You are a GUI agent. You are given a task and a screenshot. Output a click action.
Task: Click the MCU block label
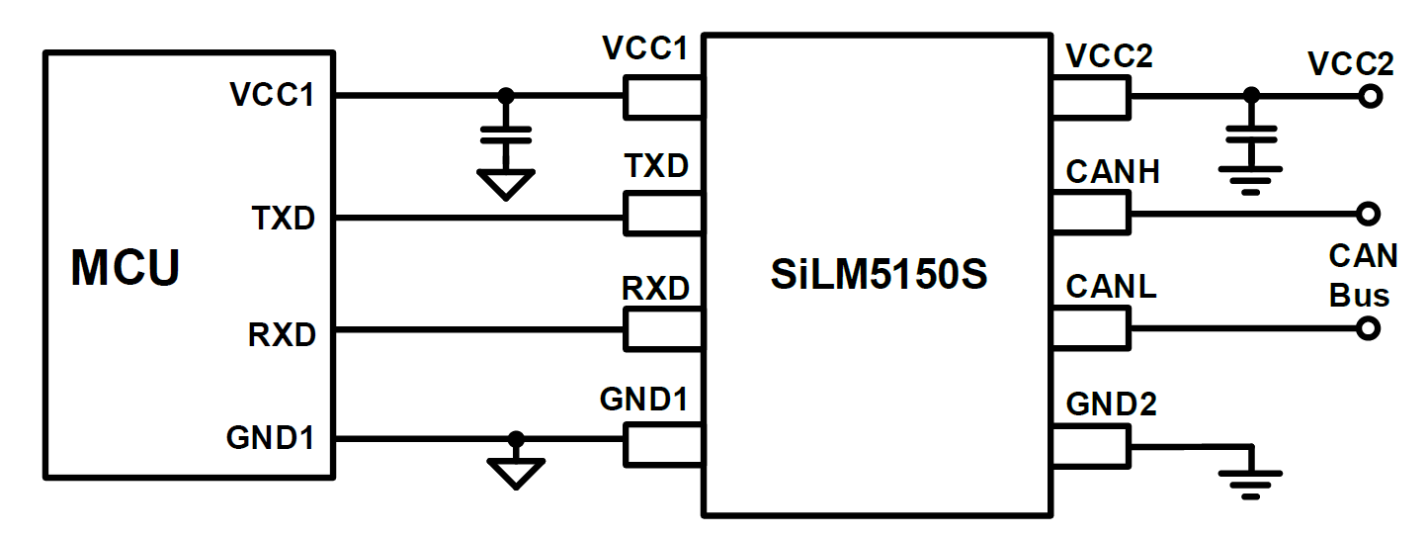126,268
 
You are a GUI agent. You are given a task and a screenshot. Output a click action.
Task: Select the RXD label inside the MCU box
282,334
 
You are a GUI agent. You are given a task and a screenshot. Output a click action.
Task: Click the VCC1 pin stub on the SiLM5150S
663,97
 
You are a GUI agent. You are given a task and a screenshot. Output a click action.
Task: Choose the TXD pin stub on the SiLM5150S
663,212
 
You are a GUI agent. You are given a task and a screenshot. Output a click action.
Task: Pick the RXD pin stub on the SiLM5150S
663,328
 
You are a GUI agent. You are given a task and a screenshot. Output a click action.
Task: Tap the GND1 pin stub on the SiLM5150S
663,444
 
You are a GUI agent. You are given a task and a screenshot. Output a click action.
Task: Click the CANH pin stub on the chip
1089,212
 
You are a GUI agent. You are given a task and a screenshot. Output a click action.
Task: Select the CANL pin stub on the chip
1089,327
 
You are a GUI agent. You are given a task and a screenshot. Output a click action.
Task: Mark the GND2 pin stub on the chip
1089,444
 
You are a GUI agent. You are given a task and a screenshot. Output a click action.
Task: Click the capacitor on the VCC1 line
505,135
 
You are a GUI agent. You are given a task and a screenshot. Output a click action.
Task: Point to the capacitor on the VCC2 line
1251,135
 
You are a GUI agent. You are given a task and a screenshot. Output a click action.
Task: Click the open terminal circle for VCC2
1370,97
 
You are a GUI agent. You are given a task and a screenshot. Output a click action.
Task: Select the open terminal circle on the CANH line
1370,213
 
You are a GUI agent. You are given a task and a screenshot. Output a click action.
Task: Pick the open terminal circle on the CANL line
1370,328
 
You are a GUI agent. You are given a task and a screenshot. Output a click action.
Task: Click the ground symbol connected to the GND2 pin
1251,475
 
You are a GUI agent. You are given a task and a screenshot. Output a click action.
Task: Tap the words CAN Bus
1363,276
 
